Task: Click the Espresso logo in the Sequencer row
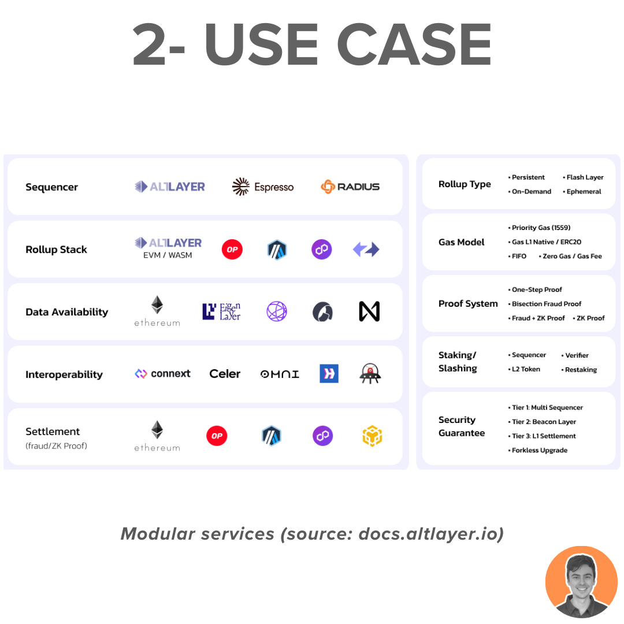tap(263, 187)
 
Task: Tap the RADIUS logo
tap(350, 187)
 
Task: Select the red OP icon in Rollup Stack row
tap(232, 250)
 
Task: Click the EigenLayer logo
tap(221, 311)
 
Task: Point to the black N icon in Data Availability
tap(369, 311)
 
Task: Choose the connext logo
tap(162, 374)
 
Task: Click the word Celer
tap(225, 374)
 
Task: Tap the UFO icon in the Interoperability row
tap(370, 374)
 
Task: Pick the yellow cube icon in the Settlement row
tap(372, 436)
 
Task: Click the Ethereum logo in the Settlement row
tap(157, 436)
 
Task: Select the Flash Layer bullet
tap(584, 177)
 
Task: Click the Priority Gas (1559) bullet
tap(540, 228)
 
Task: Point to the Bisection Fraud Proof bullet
tap(545, 304)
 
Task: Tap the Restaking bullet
tap(580, 370)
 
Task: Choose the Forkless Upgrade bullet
tap(538, 450)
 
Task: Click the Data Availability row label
tap(66, 312)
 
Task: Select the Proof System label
tap(468, 304)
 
